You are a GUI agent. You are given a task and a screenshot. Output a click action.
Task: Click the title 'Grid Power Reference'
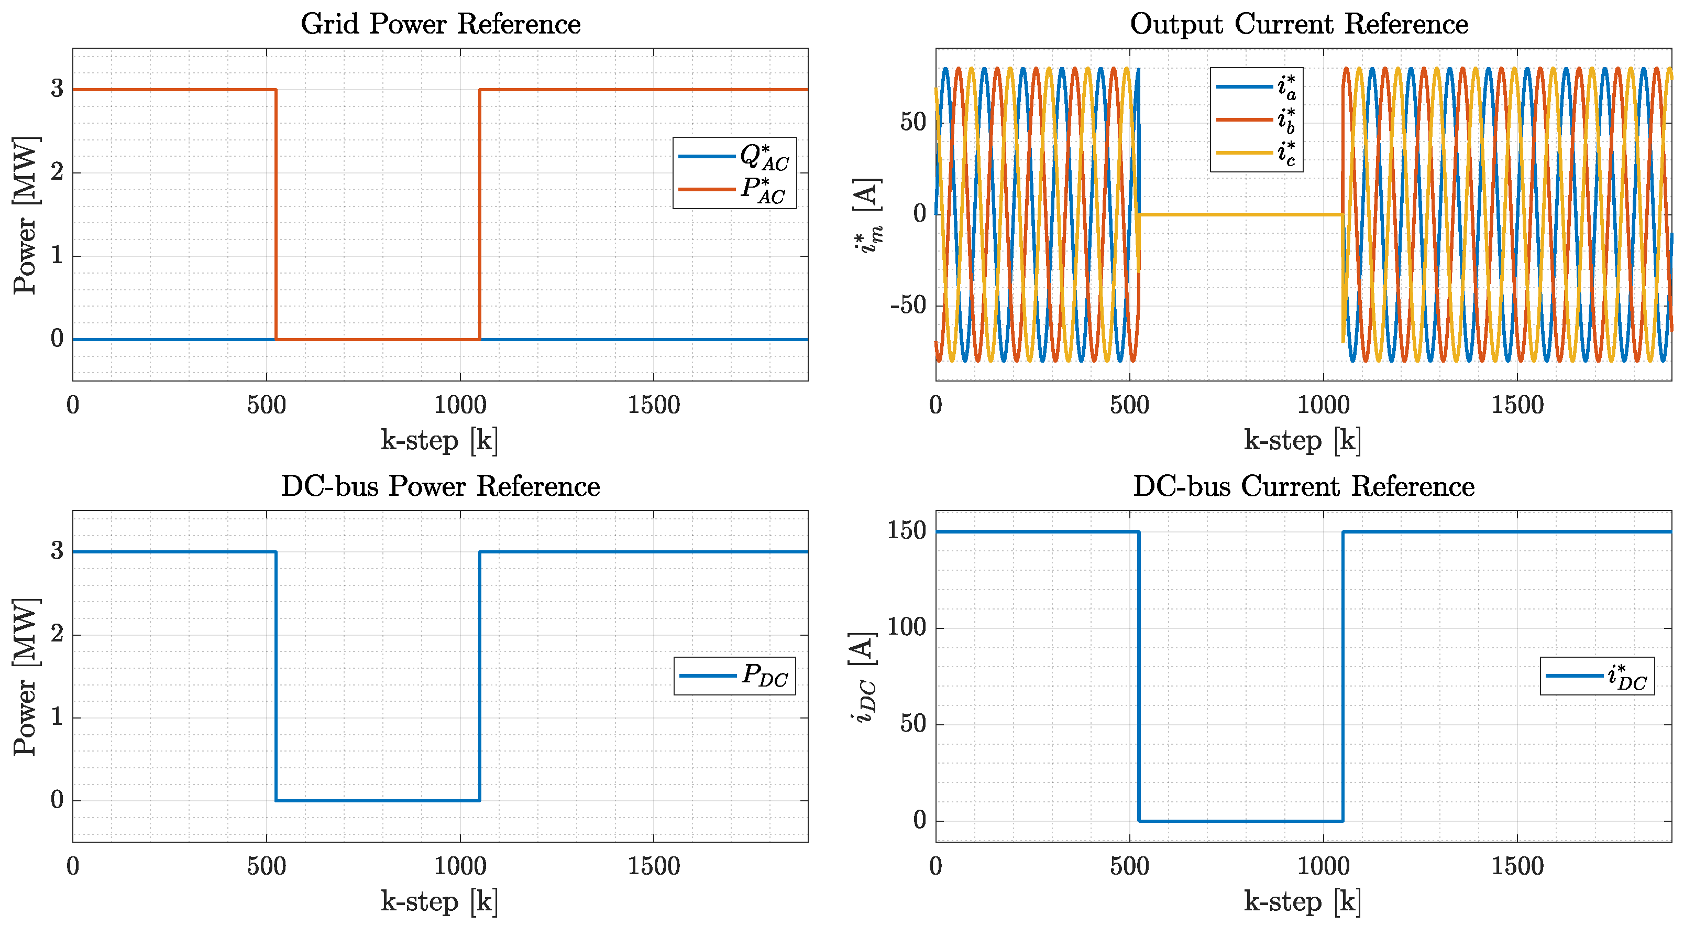pyautogui.click(x=440, y=24)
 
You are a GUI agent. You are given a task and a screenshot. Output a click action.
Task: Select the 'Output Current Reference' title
pyautogui.click(x=1298, y=24)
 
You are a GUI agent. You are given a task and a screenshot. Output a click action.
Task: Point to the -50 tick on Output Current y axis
pyautogui.click(x=908, y=306)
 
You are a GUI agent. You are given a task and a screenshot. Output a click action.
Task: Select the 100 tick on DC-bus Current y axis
pyautogui.click(x=906, y=627)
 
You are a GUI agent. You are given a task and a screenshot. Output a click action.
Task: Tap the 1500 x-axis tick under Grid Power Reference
pyautogui.click(x=653, y=406)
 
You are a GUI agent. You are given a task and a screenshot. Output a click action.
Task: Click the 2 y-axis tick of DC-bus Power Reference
pyautogui.click(x=58, y=634)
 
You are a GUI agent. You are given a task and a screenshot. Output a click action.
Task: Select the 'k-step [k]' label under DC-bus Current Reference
pyautogui.click(x=1302, y=902)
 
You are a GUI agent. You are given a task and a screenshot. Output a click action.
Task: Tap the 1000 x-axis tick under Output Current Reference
pyautogui.click(x=1323, y=406)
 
